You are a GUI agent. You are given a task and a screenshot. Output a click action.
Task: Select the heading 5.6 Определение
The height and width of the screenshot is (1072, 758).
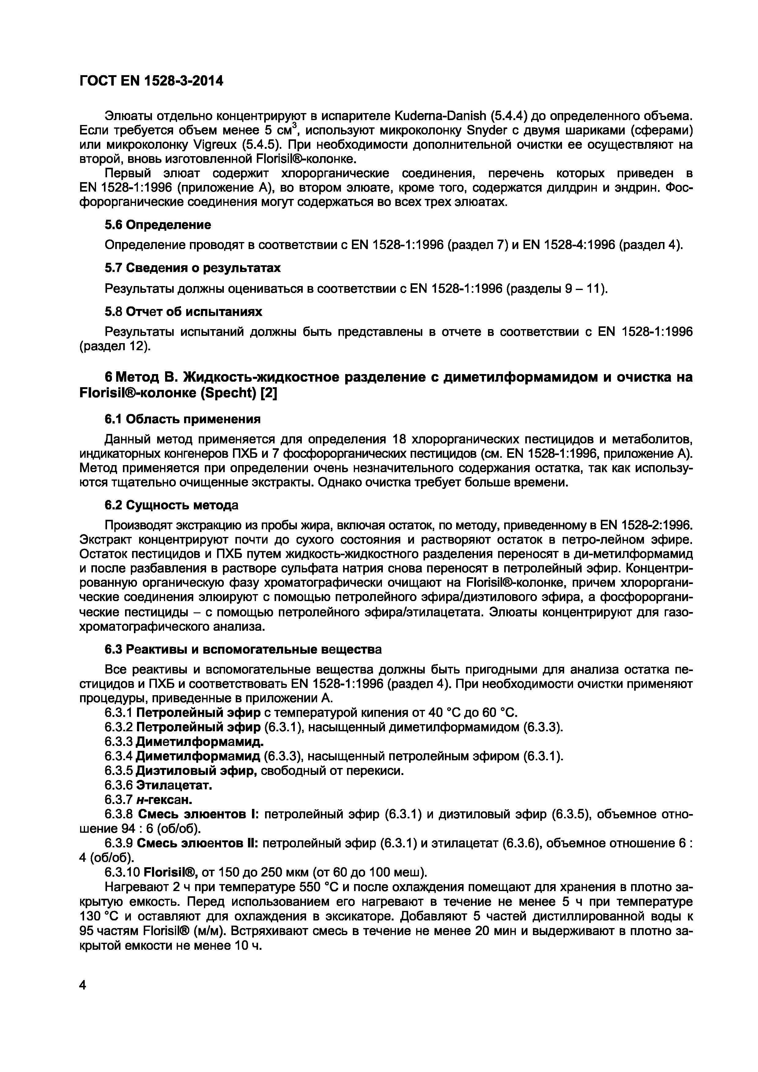click(157, 225)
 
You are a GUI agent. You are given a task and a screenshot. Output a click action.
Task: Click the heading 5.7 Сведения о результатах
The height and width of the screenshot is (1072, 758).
click(192, 268)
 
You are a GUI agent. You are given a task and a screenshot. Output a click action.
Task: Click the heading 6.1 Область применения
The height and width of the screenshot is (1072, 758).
click(182, 419)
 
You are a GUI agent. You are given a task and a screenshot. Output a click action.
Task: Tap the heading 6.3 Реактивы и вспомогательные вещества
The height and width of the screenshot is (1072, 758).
click(243, 649)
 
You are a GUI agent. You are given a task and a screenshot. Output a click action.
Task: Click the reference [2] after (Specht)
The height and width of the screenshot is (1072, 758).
click(269, 394)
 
